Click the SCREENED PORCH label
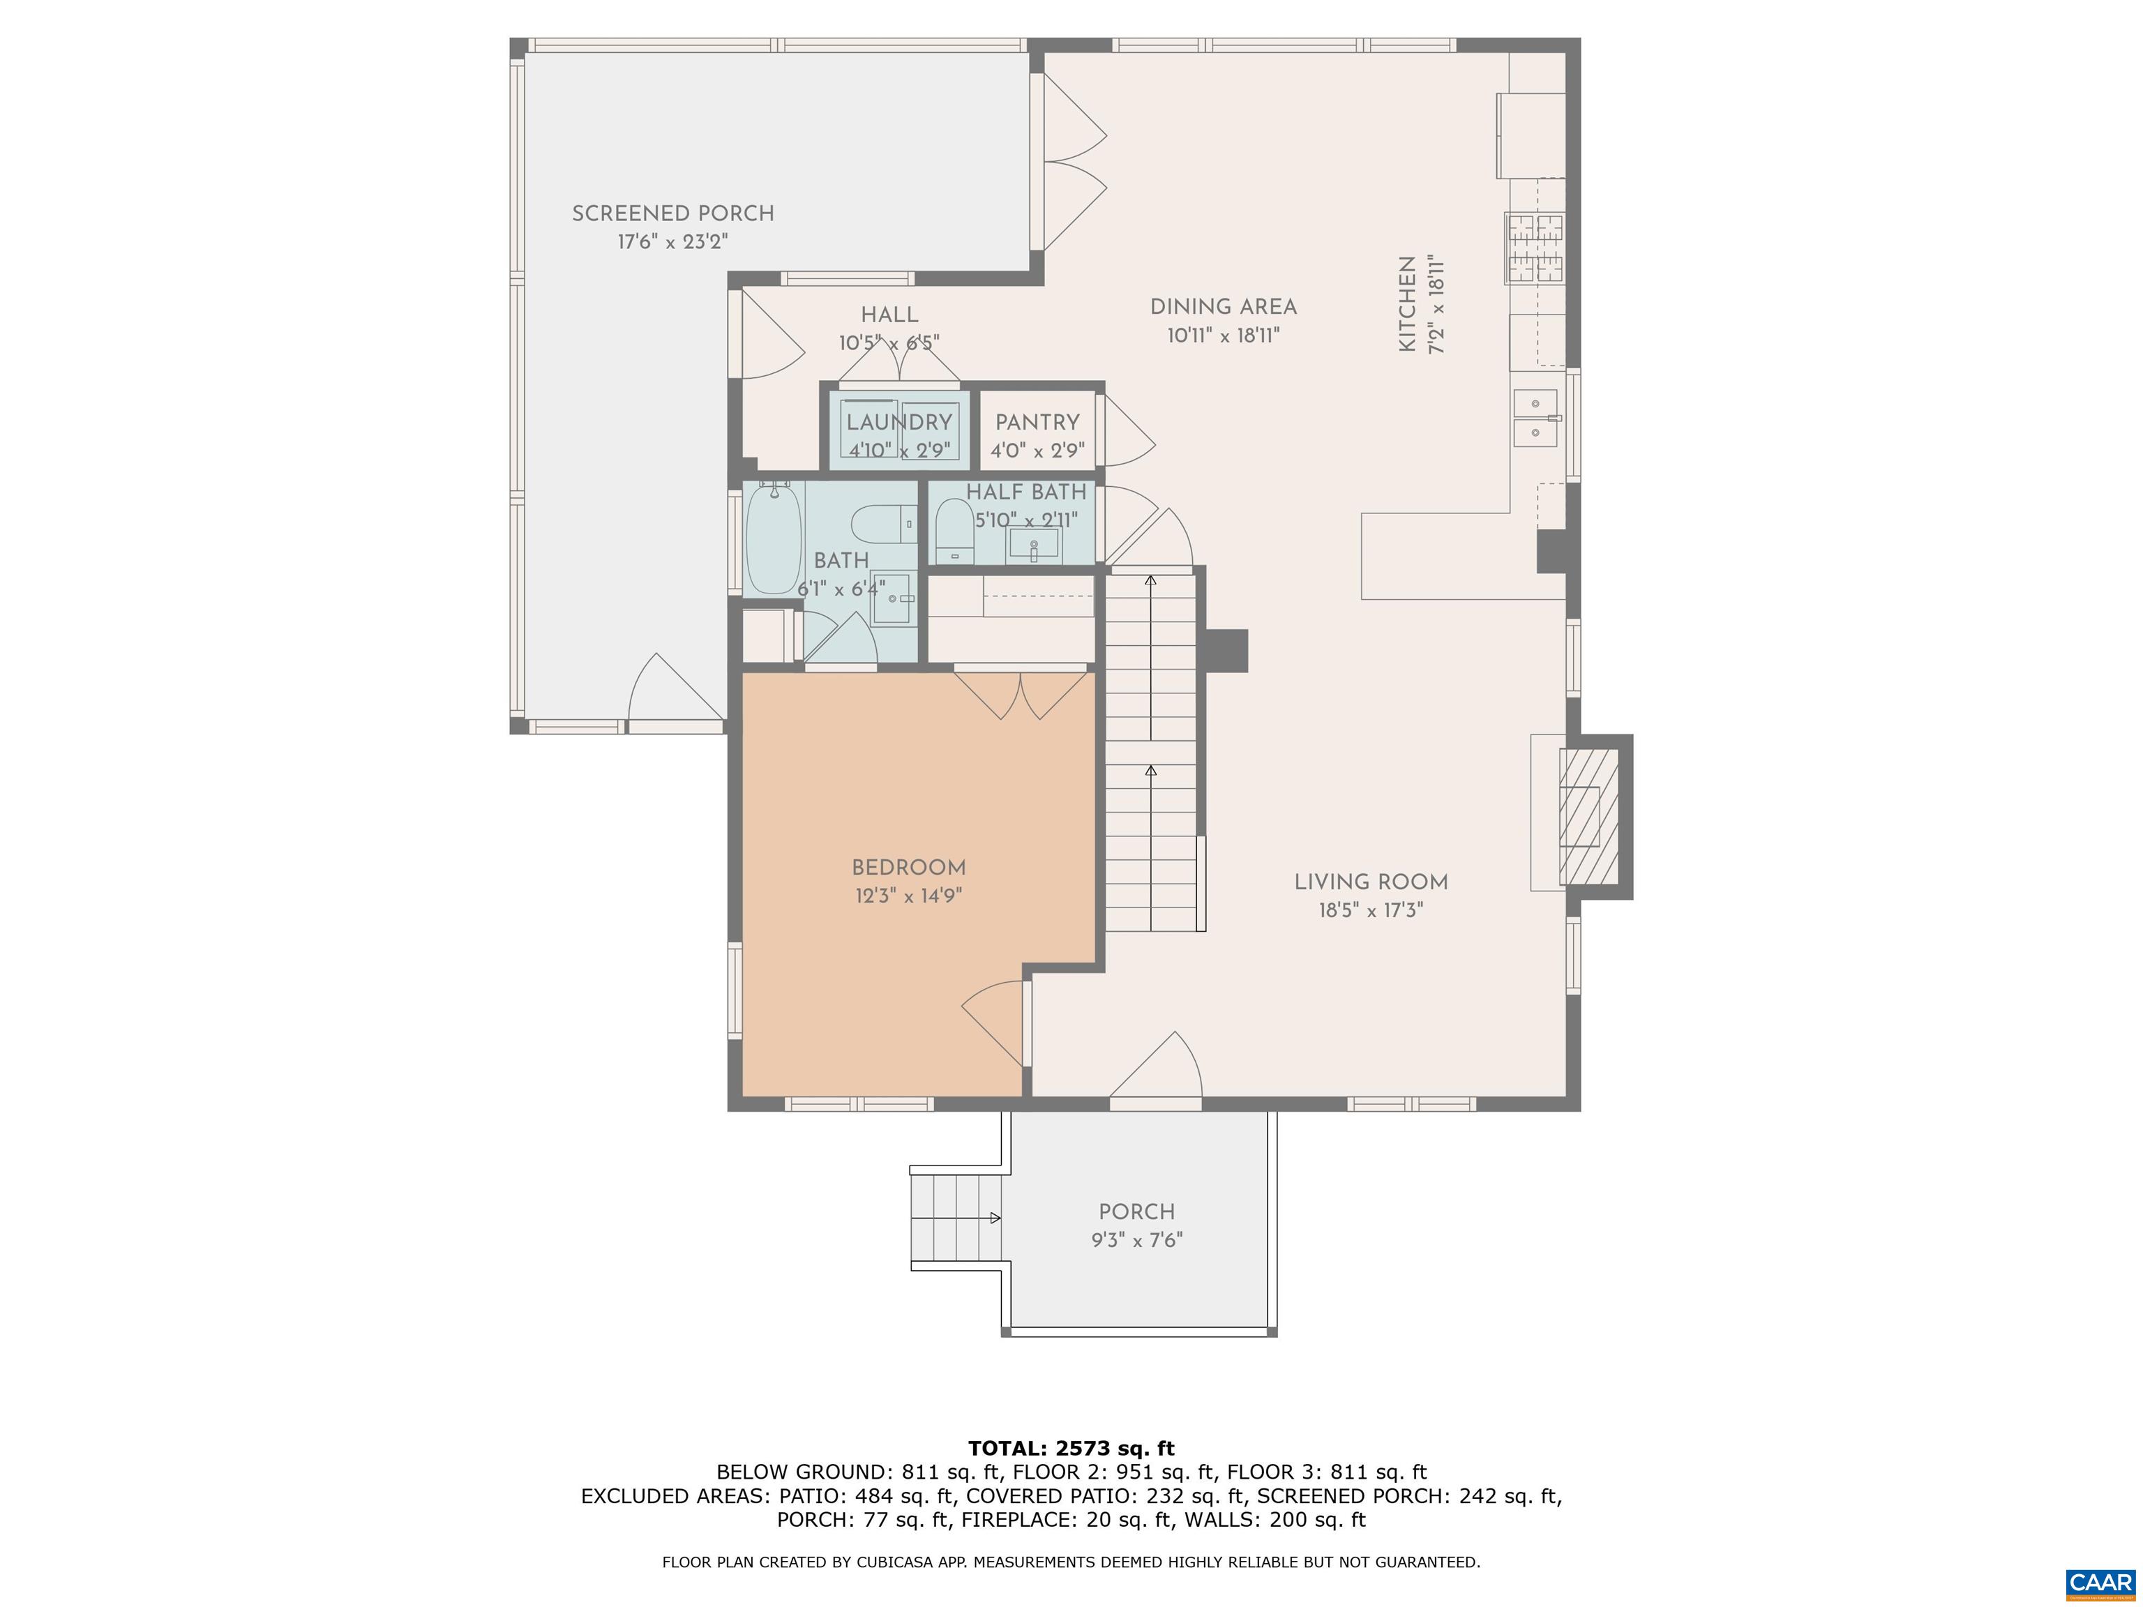coord(672,213)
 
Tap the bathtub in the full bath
coord(772,538)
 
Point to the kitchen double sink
coord(1535,418)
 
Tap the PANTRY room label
coord(1037,423)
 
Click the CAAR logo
coord(2100,1583)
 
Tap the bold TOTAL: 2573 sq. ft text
coord(1071,1448)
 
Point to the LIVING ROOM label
coord(1370,882)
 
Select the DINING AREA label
coord(1223,307)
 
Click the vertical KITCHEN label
coord(1408,303)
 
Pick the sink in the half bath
coord(1032,544)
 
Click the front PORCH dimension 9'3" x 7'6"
coord(1136,1240)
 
